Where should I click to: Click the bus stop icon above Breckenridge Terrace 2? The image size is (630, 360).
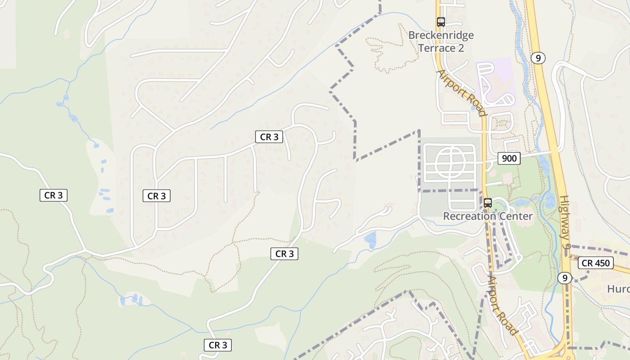[441, 22]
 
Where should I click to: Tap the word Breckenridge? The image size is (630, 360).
[441, 35]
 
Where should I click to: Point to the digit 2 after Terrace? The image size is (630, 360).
[460, 48]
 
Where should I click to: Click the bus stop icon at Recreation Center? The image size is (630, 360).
[488, 202]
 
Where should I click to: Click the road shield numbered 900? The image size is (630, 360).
[509, 158]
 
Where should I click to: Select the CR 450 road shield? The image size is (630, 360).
[596, 263]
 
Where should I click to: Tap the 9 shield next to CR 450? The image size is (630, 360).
[564, 278]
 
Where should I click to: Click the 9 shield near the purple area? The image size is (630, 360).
[538, 58]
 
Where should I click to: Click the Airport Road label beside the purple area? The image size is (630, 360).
[462, 93]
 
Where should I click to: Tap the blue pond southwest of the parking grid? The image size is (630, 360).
[371, 240]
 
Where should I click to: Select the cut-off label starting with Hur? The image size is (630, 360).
[618, 288]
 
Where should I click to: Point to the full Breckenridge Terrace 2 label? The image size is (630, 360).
[441, 41]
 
